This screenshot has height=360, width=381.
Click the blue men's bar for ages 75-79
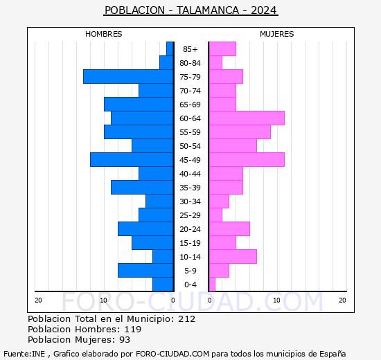point(128,77)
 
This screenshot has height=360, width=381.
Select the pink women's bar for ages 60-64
point(247,118)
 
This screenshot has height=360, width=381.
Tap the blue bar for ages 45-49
point(132,160)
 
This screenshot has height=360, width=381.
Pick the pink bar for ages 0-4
point(212,285)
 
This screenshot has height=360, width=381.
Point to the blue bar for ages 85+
point(170,49)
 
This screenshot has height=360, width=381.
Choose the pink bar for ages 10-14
point(233,257)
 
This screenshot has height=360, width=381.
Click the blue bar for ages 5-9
point(145,271)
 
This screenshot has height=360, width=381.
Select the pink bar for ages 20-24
point(229,229)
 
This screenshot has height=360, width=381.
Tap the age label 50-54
point(190,146)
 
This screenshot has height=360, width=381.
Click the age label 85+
point(190,49)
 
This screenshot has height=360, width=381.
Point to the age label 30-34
point(190,201)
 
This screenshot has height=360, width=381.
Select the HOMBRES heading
point(103,34)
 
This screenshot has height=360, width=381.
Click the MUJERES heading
point(277,34)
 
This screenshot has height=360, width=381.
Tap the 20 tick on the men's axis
point(38,300)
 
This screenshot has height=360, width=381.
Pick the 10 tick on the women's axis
point(277,300)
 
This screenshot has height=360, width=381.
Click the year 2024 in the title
point(264,10)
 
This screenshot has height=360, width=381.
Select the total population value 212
point(186,319)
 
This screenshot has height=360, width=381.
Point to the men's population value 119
point(133,330)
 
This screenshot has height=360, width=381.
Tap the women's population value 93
point(125,340)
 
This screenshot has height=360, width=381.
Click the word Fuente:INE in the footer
point(24,354)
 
